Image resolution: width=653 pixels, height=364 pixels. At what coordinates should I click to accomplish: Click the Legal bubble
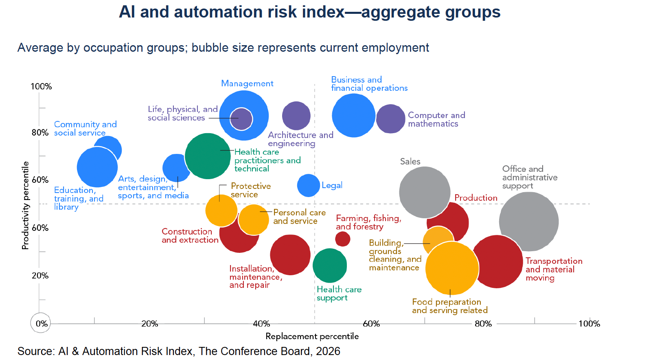tap(309, 185)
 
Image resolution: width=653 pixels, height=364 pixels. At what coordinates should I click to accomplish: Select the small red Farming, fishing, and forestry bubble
tap(342, 239)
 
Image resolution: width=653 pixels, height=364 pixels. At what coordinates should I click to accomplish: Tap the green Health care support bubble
tap(330, 265)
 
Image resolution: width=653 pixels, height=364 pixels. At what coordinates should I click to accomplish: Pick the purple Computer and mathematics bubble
tap(391, 119)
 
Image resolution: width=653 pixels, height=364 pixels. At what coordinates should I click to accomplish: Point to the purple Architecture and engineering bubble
tap(296, 116)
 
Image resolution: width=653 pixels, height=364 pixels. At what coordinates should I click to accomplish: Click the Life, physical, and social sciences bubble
tap(241, 119)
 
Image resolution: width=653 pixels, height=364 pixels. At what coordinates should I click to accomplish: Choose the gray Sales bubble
tap(425, 192)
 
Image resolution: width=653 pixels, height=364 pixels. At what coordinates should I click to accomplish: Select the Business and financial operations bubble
tap(354, 116)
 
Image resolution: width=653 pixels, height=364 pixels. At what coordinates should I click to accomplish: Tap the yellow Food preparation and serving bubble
tap(452, 268)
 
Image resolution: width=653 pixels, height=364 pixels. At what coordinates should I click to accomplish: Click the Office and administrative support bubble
tap(529, 221)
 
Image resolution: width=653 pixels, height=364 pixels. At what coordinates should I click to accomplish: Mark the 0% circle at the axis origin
tap(41, 323)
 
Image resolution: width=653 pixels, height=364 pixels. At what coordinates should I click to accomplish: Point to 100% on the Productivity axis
tap(42, 87)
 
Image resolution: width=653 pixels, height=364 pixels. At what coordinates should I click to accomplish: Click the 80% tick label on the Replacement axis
tap(483, 324)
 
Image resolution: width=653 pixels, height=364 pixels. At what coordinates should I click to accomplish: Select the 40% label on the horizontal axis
tap(261, 324)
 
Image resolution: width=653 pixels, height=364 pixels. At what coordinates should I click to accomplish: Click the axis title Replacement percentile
tap(312, 337)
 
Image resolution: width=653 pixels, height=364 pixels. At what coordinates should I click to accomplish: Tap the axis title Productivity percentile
tap(25, 205)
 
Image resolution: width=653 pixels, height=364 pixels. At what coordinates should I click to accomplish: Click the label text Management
tap(247, 84)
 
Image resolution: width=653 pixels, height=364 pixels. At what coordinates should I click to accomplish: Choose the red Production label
tap(476, 198)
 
